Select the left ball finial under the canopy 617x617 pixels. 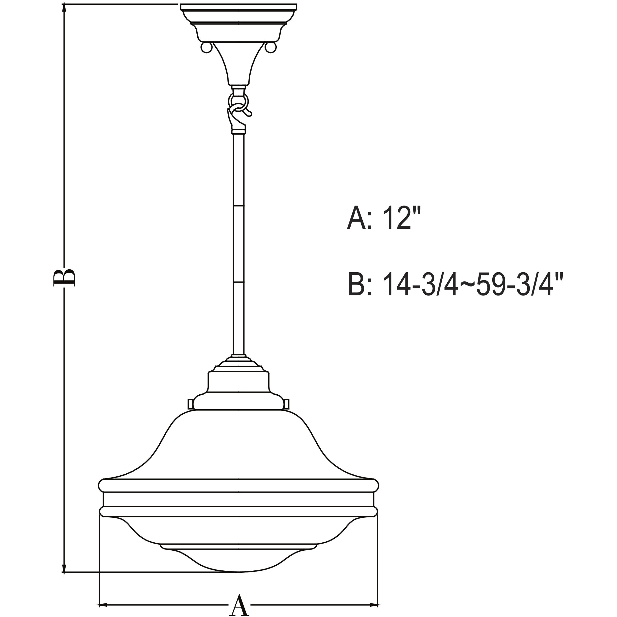click(x=206, y=48)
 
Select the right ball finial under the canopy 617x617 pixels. click(x=271, y=48)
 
